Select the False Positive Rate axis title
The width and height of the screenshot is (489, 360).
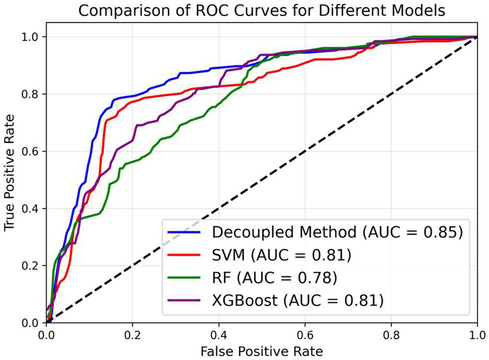261,350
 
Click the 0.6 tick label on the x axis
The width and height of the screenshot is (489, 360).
305,334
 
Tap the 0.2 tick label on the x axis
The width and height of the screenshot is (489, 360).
132,334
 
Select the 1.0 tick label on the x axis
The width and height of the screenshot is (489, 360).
476,334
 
